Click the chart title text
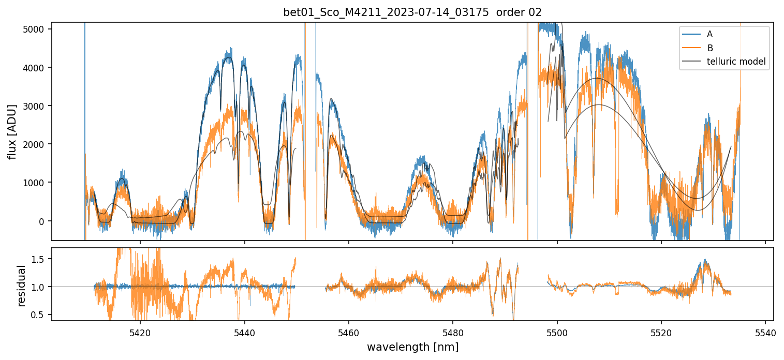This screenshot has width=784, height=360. [x=412, y=12]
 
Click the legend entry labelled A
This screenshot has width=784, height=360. [x=709, y=34]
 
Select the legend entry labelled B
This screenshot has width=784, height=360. [x=709, y=48]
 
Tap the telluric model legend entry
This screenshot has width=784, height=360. [x=736, y=62]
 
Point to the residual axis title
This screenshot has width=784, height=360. [x=21, y=286]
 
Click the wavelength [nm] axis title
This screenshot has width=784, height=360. [x=412, y=347]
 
